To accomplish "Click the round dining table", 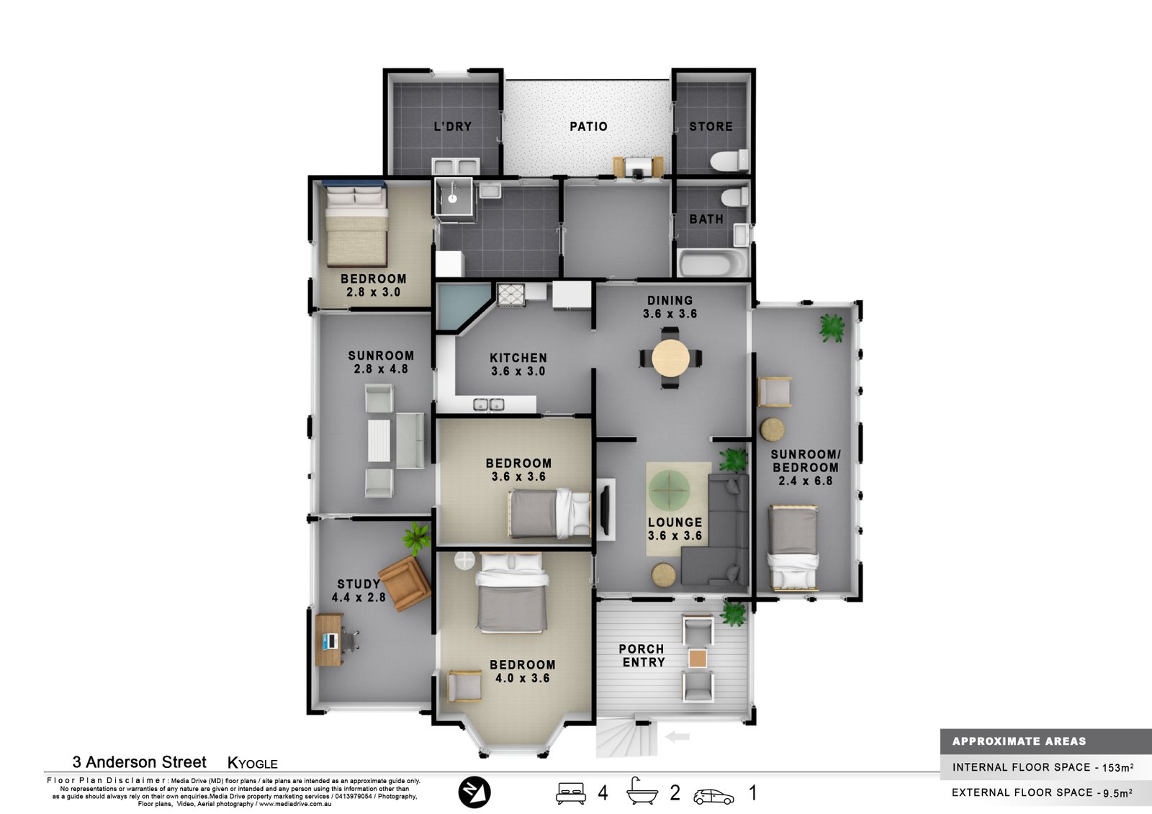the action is coord(670,358).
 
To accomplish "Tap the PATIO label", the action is coord(588,127).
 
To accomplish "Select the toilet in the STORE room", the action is coord(730,160).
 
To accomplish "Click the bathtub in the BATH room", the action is coord(714,263).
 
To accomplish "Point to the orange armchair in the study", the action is coord(405,583).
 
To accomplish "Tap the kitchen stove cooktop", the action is coord(510,295).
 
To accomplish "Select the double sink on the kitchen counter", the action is coord(489,404).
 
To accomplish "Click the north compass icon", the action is coord(474,792).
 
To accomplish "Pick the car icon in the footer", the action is coord(714,797).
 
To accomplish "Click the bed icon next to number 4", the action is coord(571,793).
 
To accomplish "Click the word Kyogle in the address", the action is coord(253,763).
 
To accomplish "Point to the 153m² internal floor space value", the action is coord(1117,767).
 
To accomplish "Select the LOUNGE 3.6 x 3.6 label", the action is coord(675,529).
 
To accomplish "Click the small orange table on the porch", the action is coord(698,659).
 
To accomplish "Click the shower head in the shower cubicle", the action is coord(453,199).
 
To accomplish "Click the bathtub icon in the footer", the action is coord(642,791).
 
